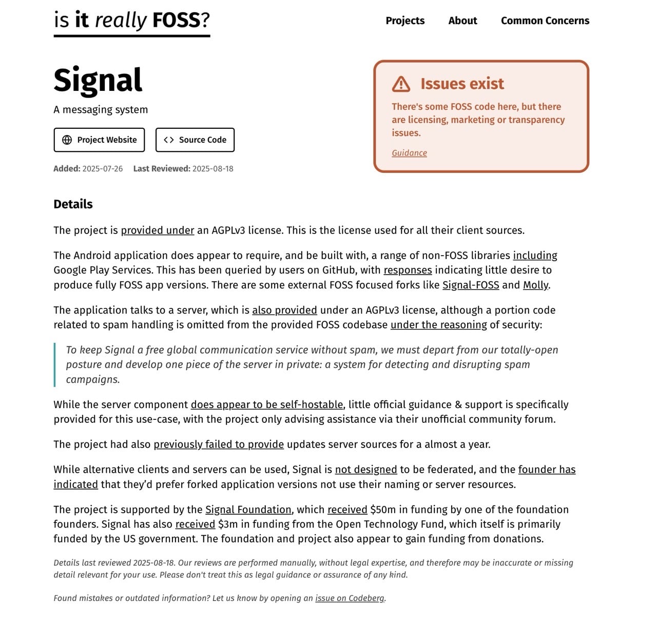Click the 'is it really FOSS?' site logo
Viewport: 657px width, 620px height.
(132, 21)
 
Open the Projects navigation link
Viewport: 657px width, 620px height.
(405, 21)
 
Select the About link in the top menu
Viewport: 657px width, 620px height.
(462, 21)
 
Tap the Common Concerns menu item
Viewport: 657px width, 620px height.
(545, 21)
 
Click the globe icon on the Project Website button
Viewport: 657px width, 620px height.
(67, 140)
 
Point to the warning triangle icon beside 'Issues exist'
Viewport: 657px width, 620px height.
(401, 84)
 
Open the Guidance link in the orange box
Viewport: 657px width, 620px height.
(409, 153)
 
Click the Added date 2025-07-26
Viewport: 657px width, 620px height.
(102, 169)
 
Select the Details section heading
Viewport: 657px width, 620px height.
(73, 204)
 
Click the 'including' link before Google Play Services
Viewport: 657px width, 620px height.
(535, 256)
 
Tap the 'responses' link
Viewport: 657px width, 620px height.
(408, 270)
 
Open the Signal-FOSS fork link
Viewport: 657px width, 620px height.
(471, 285)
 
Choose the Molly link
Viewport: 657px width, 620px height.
(535, 285)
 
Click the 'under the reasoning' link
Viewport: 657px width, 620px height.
(438, 325)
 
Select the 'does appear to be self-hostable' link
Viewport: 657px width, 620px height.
(266, 405)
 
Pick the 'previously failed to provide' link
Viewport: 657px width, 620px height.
(219, 444)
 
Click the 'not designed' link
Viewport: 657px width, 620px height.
(366, 470)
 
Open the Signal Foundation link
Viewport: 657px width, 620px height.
(248, 510)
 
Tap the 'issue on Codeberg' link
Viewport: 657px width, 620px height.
(350, 598)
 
